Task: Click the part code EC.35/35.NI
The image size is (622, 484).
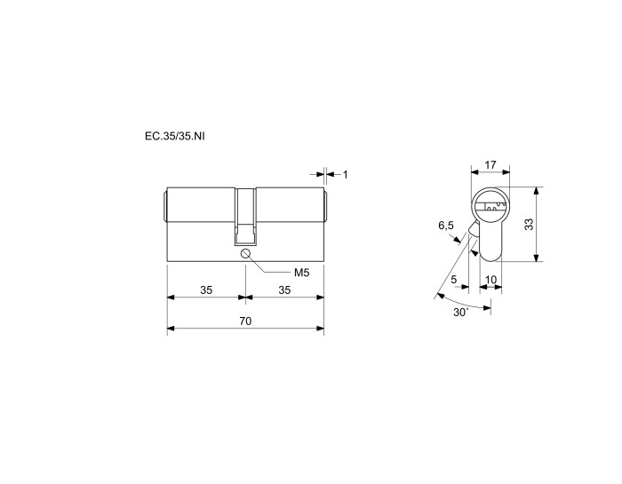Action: [x=175, y=137]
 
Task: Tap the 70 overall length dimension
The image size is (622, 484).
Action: [x=245, y=321]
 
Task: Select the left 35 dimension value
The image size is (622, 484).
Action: [x=206, y=290]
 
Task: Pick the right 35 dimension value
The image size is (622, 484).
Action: [x=284, y=290]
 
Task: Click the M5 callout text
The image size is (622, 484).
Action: [x=301, y=273]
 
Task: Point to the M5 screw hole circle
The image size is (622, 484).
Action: [x=245, y=253]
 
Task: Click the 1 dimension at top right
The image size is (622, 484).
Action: [x=345, y=174]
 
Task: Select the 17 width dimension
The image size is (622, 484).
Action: [x=490, y=164]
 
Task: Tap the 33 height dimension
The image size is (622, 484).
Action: [x=530, y=225]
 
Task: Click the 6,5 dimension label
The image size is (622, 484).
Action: [x=446, y=226]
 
